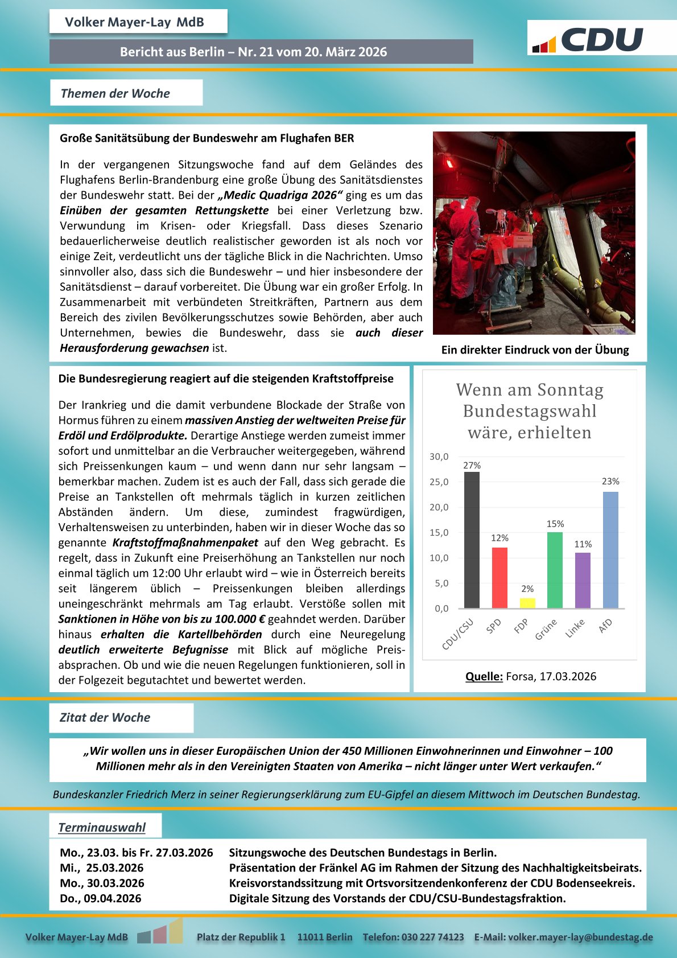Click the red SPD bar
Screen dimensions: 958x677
pyautogui.click(x=499, y=578)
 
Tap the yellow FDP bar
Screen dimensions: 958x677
pyautogui.click(x=527, y=603)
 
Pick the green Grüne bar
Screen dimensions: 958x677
pyautogui.click(x=555, y=570)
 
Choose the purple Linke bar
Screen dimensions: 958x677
pyautogui.click(x=583, y=580)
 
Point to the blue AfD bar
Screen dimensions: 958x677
pyautogui.click(x=610, y=550)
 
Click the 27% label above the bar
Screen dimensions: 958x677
pyautogui.click(x=472, y=465)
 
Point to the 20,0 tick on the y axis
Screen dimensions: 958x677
pyautogui.click(x=439, y=507)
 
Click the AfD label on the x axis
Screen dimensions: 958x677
pyautogui.click(x=605, y=624)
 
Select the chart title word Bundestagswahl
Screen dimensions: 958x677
pyautogui.click(x=530, y=411)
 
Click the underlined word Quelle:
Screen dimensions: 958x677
pyautogui.click(x=484, y=676)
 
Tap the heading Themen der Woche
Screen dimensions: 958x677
pyautogui.click(x=115, y=93)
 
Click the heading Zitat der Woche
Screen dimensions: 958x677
pyautogui.click(x=105, y=717)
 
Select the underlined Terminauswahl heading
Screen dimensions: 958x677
pyautogui.click(x=102, y=827)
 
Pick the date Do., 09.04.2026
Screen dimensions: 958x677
pyautogui.click(x=101, y=898)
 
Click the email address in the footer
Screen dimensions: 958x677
pyautogui.click(x=580, y=937)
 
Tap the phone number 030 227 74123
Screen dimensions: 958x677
pyautogui.click(x=432, y=937)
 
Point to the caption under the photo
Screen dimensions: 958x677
pyautogui.click(x=535, y=350)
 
